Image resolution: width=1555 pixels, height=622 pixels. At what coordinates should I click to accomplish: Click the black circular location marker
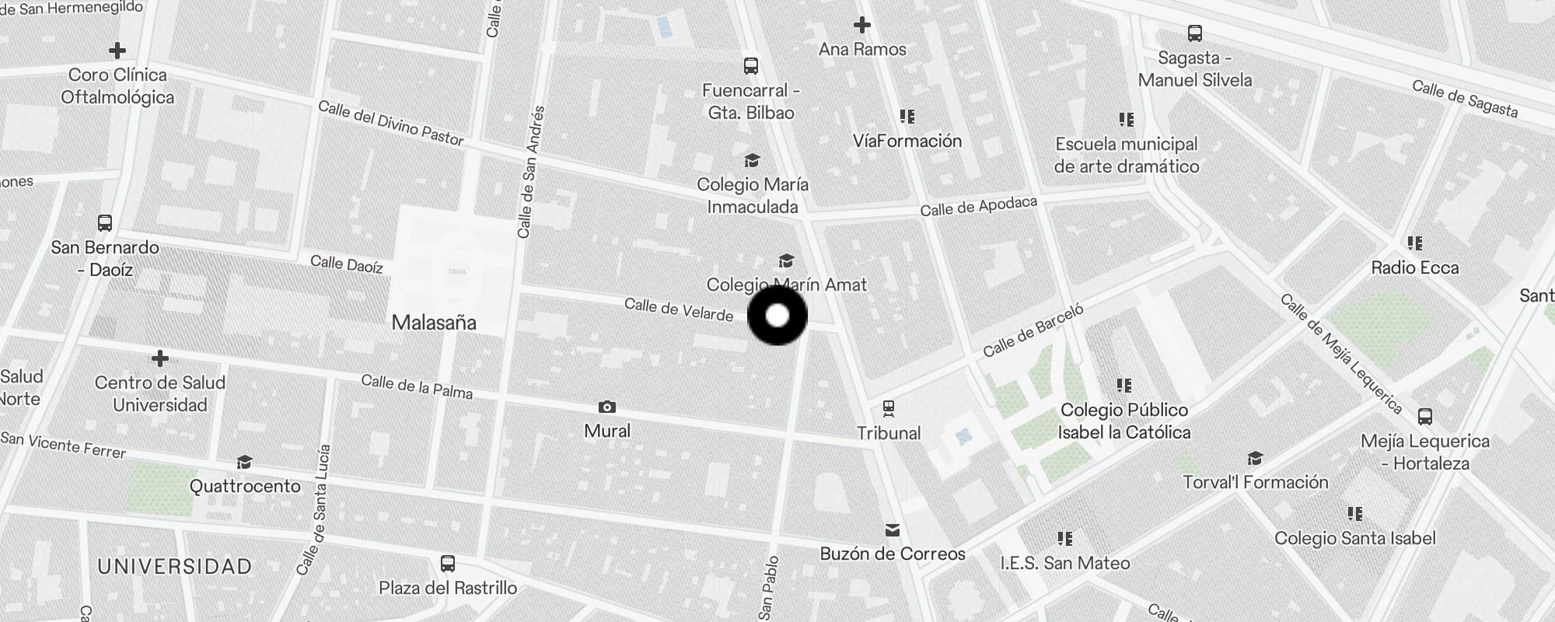tap(777, 316)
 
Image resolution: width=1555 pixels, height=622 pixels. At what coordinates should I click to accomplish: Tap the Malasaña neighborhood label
tap(434, 323)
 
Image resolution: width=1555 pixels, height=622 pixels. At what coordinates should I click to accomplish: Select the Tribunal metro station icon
tap(889, 408)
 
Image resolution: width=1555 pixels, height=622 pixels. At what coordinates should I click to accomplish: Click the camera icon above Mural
tap(607, 407)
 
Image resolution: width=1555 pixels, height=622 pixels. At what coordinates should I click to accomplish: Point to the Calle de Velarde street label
tap(679, 309)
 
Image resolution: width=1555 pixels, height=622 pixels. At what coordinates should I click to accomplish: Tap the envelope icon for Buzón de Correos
tap(892, 530)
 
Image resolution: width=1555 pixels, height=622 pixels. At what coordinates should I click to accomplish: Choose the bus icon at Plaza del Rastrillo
tap(448, 564)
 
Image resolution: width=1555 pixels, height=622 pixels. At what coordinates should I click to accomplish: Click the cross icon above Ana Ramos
tap(861, 25)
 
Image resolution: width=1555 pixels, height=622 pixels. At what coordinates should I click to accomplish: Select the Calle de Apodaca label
tap(978, 206)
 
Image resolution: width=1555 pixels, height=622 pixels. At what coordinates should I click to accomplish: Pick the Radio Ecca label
tap(1414, 268)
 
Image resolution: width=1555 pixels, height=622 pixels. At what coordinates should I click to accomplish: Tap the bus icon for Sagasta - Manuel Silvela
tap(1195, 33)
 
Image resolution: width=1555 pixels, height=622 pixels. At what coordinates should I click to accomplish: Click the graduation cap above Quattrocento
tap(245, 463)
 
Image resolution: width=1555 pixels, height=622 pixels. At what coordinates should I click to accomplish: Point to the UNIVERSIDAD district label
tap(175, 567)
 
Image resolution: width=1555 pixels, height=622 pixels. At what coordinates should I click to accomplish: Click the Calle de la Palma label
tap(417, 386)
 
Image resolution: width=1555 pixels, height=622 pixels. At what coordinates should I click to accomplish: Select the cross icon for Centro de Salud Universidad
tap(160, 358)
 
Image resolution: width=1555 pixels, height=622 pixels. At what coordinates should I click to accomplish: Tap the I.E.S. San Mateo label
tap(1064, 563)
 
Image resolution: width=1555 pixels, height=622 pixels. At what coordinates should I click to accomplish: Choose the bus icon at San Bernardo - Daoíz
tap(105, 223)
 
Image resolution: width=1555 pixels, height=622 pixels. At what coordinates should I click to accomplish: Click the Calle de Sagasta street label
tap(1465, 99)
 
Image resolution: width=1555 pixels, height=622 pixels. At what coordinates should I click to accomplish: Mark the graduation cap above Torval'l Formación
tap(1255, 459)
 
